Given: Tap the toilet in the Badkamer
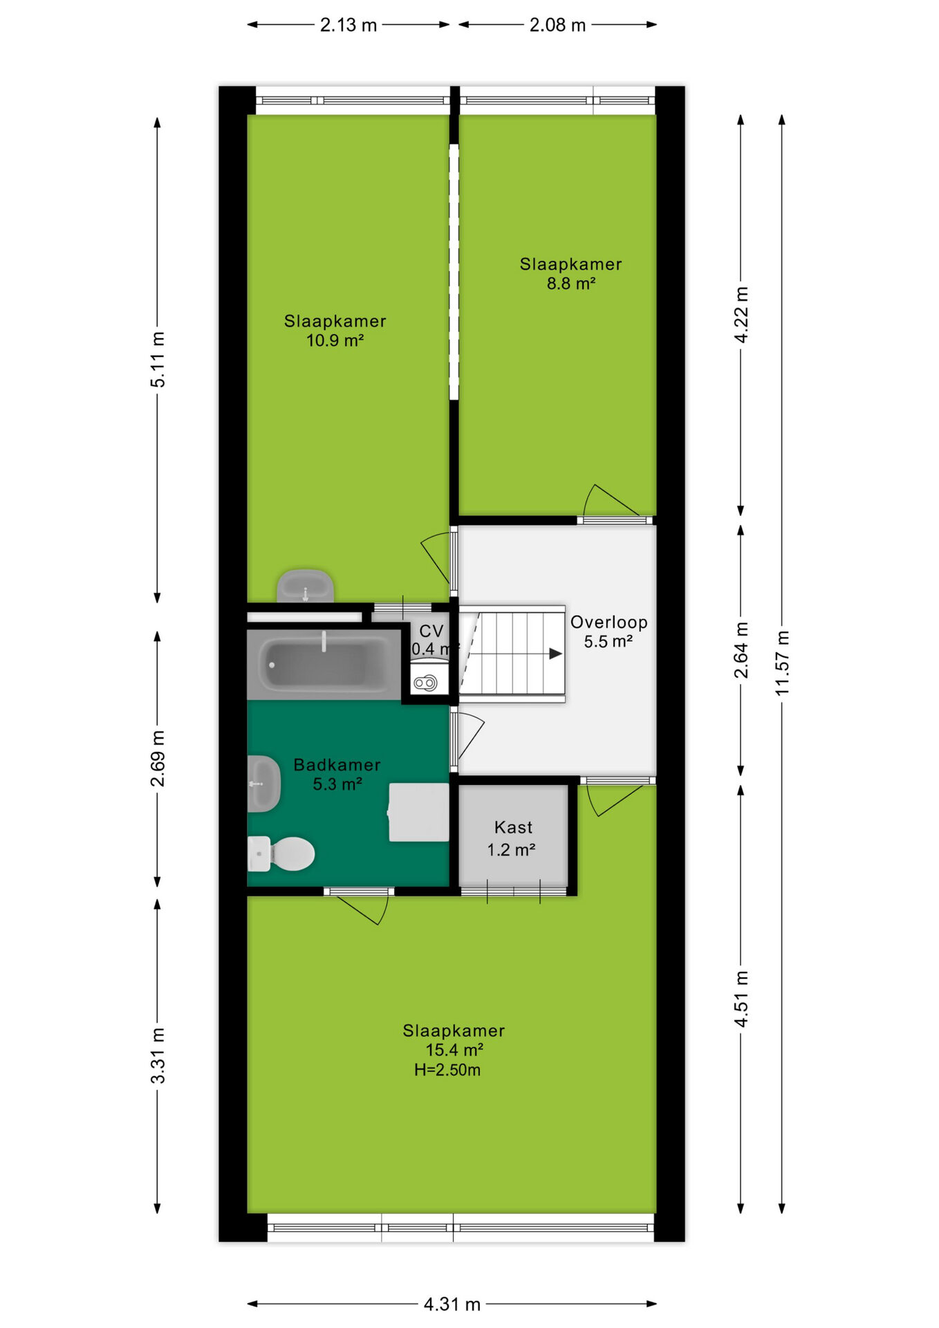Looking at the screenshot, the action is pyautogui.click(x=281, y=854).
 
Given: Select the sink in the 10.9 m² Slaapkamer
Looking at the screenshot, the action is pyautogui.click(x=305, y=586).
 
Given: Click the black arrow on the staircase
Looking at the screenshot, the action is pyautogui.click(x=555, y=654).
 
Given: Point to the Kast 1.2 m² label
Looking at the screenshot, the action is pyautogui.click(x=512, y=838).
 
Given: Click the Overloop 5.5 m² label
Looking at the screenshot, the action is pyautogui.click(x=608, y=631).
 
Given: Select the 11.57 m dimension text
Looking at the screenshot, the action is pyautogui.click(x=781, y=663).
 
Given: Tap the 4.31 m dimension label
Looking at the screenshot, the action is pyautogui.click(x=452, y=1304).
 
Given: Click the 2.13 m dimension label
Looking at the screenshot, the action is pyautogui.click(x=348, y=26).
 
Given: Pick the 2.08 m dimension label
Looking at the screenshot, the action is pyautogui.click(x=557, y=26).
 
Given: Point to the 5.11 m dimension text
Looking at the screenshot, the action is pyautogui.click(x=158, y=360).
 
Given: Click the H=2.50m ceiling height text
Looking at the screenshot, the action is pyautogui.click(x=447, y=1070).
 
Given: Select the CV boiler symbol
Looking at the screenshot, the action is pyautogui.click(x=425, y=683).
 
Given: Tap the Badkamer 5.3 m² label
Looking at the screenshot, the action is pyautogui.click(x=337, y=774).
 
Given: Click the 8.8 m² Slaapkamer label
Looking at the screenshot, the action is pyautogui.click(x=571, y=273).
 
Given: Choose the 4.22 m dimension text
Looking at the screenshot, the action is pyautogui.click(x=741, y=315).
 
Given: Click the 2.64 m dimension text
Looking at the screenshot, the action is pyautogui.click(x=741, y=650).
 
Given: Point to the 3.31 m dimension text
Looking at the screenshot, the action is pyautogui.click(x=158, y=1055).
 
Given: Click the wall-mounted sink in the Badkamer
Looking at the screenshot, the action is pyautogui.click(x=263, y=784).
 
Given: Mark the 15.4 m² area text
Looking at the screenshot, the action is pyautogui.click(x=454, y=1050).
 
